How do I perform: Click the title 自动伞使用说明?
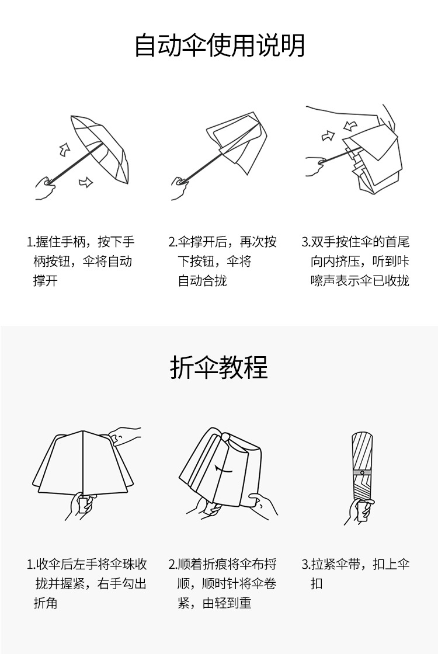(x=220, y=46)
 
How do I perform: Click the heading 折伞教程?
(x=219, y=367)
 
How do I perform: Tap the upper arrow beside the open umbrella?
(x=64, y=149)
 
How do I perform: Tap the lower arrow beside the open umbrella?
(x=85, y=182)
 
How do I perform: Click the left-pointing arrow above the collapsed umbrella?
(x=350, y=126)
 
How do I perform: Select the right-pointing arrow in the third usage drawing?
(x=328, y=136)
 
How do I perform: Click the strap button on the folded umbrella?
(x=361, y=472)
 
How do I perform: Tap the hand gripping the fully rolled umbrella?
(x=358, y=510)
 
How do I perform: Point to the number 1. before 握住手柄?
(x=30, y=242)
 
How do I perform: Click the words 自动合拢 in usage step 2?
(x=202, y=281)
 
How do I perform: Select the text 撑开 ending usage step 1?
(x=46, y=281)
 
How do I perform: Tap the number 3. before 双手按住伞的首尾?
(x=306, y=242)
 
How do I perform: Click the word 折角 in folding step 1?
(x=46, y=603)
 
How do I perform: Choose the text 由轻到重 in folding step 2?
(x=227, y=603)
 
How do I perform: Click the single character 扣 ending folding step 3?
(x=316, y=584)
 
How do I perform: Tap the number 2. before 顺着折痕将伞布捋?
(x=173, y=565)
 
